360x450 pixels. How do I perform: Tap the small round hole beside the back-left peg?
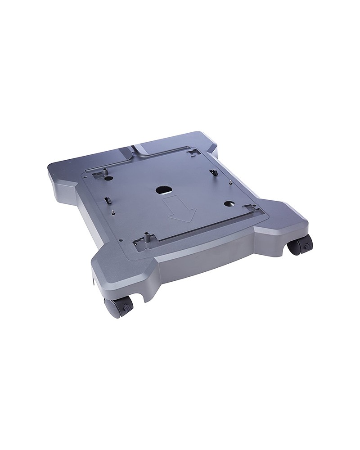[108, 178]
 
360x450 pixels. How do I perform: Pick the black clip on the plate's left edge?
[108, 199]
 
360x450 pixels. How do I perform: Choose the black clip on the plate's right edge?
[215, 172]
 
